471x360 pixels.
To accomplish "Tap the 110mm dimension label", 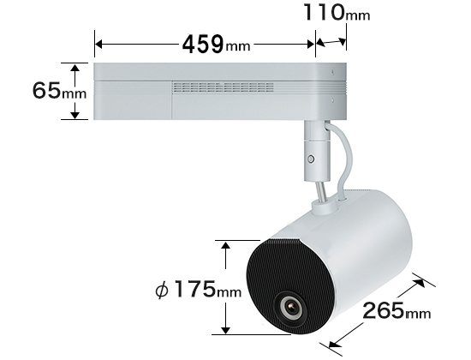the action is [x=337, y=12].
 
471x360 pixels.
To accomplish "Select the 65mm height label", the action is [x=59, y=90].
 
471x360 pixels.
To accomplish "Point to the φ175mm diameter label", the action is [x=199, y=290].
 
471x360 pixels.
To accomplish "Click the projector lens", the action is [x=291, y=308].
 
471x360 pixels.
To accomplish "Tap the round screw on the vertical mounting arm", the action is [x=312, y=159].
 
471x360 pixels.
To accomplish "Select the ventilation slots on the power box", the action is [x=223, y=87].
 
